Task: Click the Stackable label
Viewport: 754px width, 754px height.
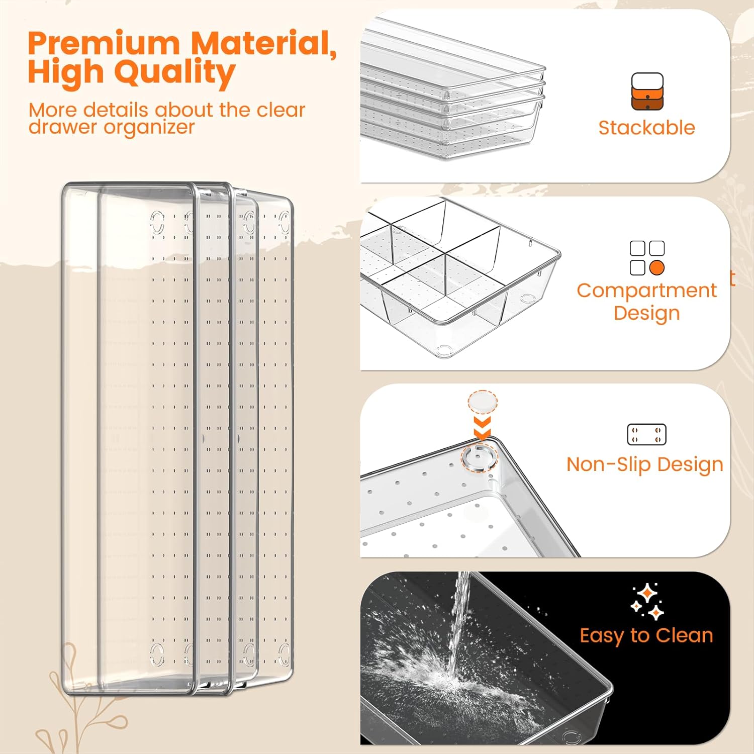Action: click(646, 128)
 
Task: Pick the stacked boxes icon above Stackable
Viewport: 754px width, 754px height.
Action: click(647, 91)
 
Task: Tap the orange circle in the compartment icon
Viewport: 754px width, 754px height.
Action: click(657, 267)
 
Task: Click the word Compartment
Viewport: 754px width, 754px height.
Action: click(646, 291)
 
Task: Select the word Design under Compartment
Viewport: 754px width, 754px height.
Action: click(646, 313)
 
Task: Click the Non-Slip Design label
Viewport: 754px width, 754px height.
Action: click(644, 464)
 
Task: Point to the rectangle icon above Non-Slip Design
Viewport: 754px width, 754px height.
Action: click(646, 434)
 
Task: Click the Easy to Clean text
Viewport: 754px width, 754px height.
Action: click(646, 635)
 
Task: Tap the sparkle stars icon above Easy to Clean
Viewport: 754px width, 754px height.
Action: click(647, 602)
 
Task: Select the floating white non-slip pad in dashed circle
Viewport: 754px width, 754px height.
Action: click(483, 403)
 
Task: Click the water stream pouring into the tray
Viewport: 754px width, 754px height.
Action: click(458, 623)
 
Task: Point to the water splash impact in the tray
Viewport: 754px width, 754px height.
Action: click(442, 679)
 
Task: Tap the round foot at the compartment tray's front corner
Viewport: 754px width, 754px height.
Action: click(444, 350)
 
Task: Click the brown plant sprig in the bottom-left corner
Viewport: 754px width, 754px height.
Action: click(75, 704)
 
